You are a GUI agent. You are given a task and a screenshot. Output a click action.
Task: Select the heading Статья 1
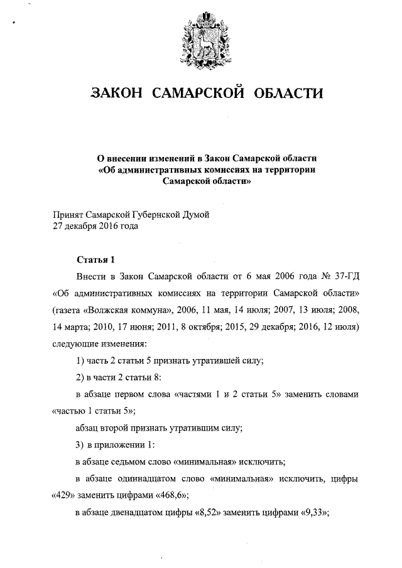pos(95,259)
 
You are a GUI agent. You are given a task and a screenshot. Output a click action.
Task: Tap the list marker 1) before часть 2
pos(80,361)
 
